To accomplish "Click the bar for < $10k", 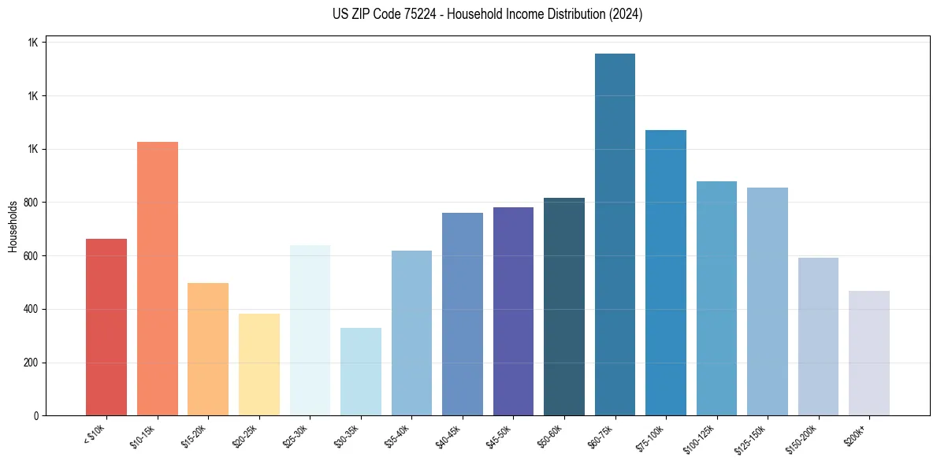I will (106, 327).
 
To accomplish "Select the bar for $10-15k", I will (158, 279).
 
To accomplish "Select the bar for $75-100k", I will (666, 273).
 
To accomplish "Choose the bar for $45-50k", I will (513, 311).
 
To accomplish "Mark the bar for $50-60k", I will (564, 307).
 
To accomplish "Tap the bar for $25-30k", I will (310, 330).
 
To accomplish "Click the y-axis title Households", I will (13, 226).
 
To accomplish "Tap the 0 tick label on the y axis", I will (36, 416).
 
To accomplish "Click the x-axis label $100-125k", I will (704, 437).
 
